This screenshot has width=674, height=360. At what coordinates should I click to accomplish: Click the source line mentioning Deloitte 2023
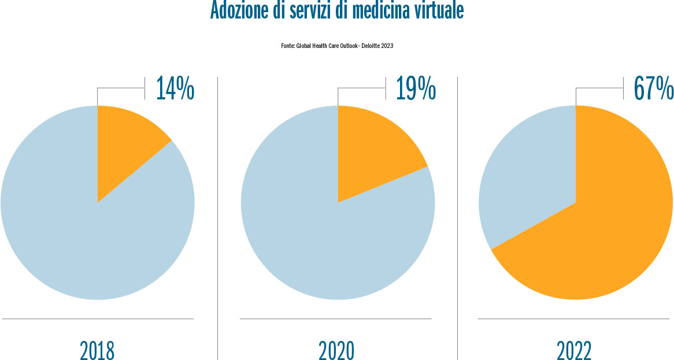click(337, 46)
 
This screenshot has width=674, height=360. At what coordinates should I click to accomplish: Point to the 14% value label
click(175, 88)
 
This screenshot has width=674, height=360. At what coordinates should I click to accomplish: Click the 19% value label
click(415, 88)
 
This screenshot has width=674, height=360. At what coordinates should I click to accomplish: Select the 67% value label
click(653, 88)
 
